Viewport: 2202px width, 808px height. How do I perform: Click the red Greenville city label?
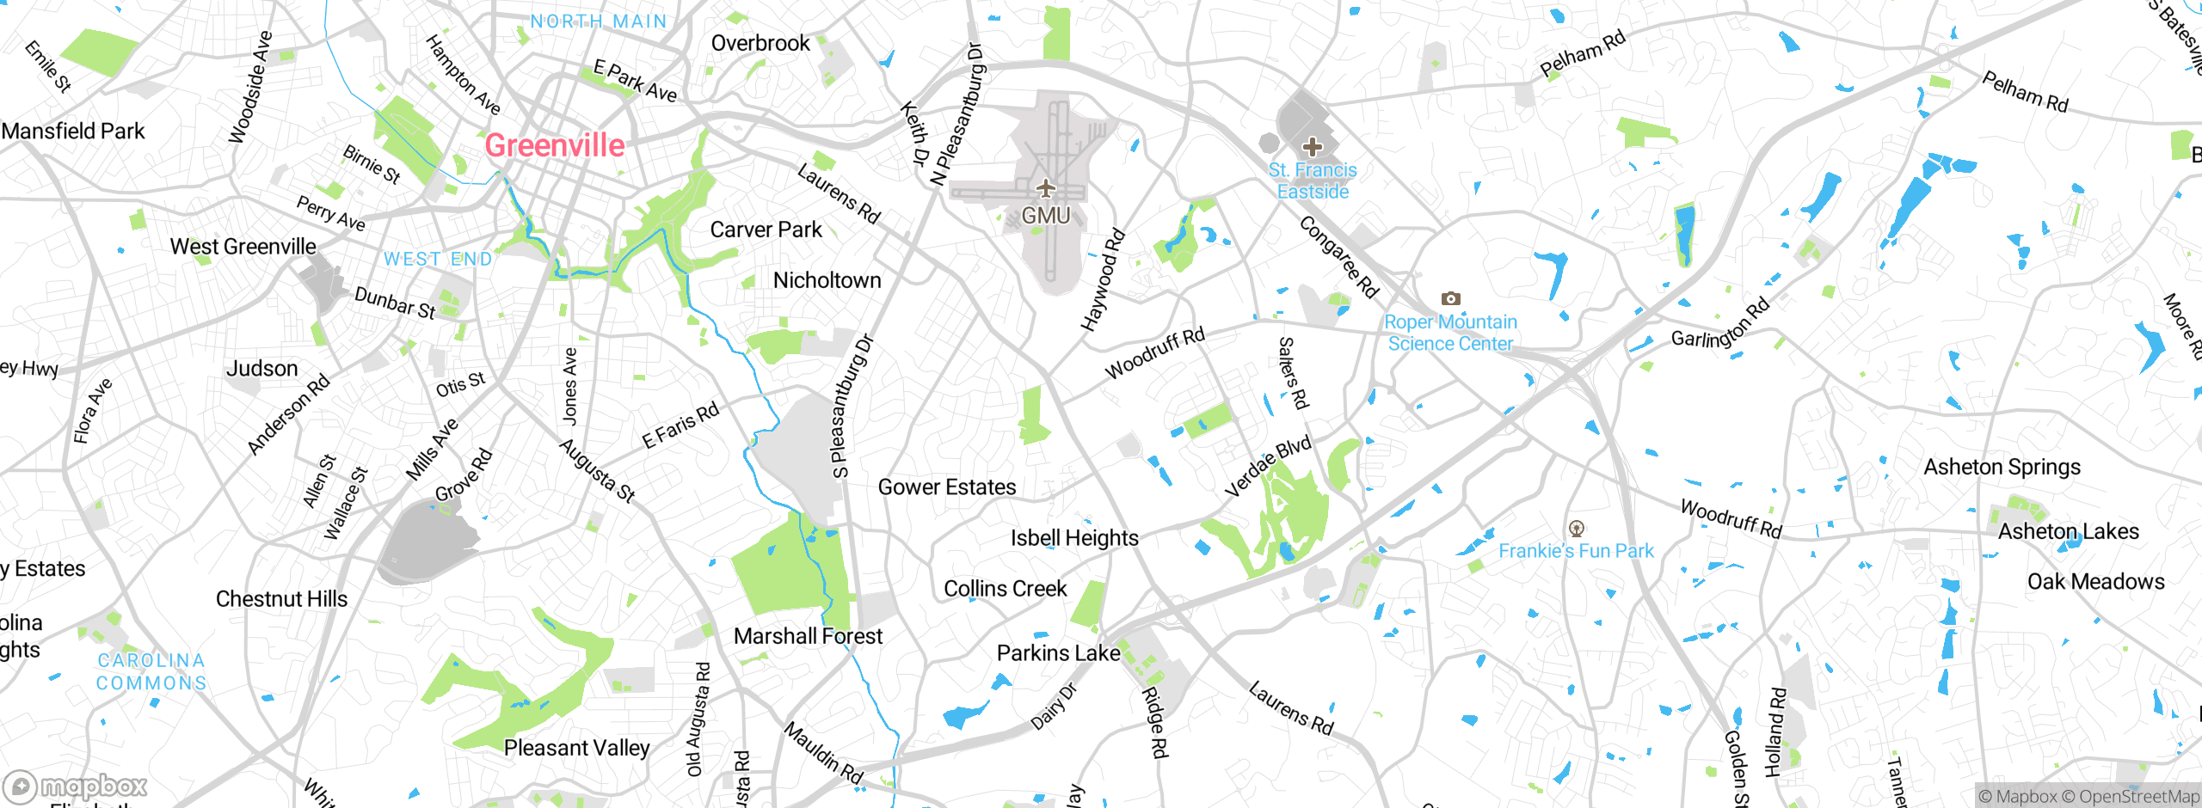555,145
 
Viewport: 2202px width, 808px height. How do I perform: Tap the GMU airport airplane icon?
1045,187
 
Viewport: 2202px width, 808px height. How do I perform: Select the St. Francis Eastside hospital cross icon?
1312,147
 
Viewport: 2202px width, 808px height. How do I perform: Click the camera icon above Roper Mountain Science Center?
1450,298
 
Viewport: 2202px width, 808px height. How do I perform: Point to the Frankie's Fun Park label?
1576,551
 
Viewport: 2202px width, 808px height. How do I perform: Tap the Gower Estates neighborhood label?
946,487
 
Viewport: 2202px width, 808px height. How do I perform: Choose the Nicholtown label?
827,280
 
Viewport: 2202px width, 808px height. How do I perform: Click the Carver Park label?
766,230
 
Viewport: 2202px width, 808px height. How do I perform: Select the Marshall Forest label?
808,636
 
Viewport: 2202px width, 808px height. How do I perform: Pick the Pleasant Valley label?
576,748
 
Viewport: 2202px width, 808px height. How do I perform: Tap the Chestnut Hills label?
281,599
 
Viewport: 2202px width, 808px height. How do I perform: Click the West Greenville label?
243,247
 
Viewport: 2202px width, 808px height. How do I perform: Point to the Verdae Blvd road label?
1268,467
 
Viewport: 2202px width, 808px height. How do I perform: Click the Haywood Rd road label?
1102,280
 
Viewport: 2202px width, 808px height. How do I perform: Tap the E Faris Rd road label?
680,425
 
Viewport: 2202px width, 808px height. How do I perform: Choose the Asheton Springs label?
2002,467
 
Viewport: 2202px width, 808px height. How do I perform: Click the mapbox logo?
76,787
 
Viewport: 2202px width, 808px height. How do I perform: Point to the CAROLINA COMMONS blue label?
151,672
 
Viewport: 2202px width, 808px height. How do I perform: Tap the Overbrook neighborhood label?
760,43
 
